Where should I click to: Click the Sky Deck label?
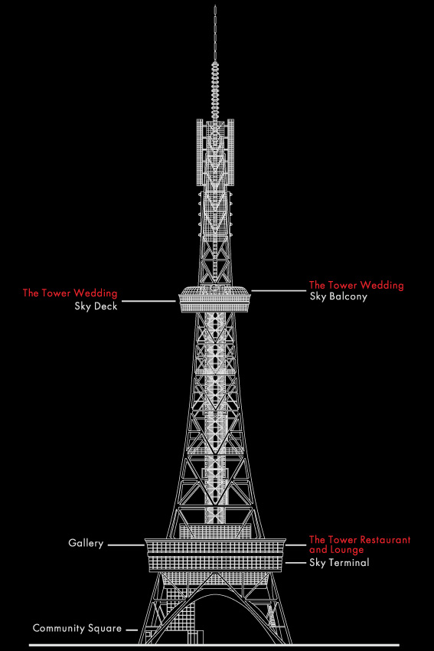click(x=96, y=306)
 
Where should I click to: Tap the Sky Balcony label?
click(x=338, y=296)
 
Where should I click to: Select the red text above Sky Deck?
click(x=70, y=293)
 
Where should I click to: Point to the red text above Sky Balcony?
click(x=357, y=285)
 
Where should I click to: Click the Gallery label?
click(x=86, y=543)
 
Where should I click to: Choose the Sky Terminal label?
click(x=339, y=563)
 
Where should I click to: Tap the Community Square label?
click(x=77, y=628)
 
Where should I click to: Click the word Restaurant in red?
click(x=384, y=540)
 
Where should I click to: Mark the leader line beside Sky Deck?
click(x=149, y=301)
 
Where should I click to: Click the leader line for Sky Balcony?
click(x=279, y=290)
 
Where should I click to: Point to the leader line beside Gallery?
click(x=126, y=545)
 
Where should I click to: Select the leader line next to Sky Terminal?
click(x=295, y=563)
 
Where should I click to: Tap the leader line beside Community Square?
click(x=132, y=630)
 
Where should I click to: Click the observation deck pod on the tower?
click(x=215, y=299)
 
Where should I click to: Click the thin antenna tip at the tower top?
click(x=215, y=33)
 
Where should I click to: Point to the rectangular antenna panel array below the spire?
click(x=215, y=152)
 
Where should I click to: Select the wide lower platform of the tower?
click(x=215, y=554)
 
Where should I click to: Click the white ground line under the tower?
click(x=214, y=645)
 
